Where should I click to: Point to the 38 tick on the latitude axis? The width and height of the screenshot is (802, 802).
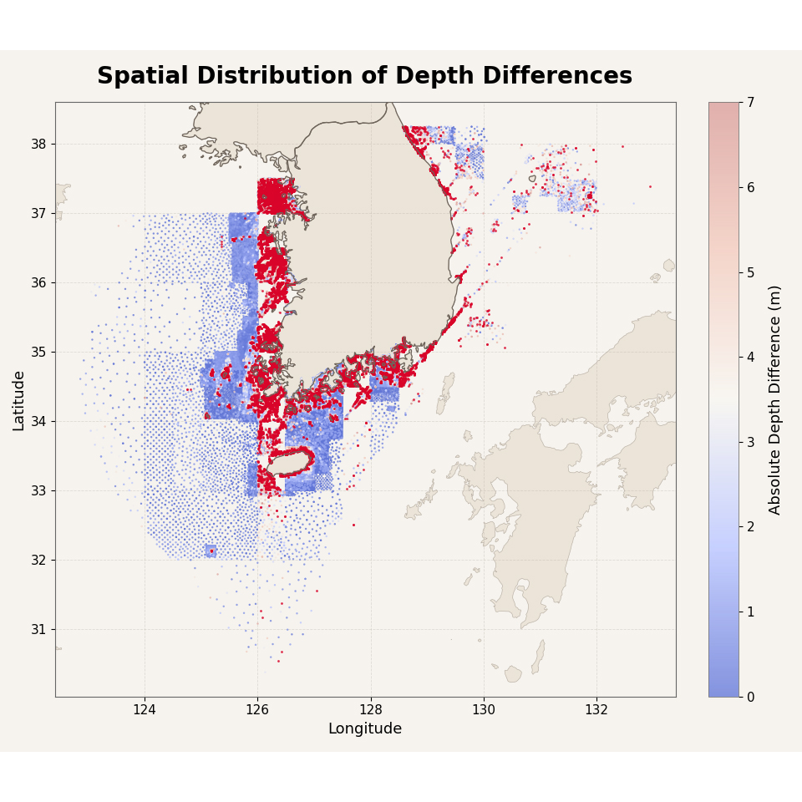[x=38, y=145]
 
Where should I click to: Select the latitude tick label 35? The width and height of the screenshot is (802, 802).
[x=38, y=352]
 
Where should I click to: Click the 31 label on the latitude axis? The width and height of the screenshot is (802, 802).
[x=38, y=629]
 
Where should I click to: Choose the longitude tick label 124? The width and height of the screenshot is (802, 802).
[x=145, y=710]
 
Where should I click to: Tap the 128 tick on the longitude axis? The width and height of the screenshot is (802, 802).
[x=371, y=710]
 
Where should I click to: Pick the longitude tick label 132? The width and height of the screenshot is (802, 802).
[x=596, y=710]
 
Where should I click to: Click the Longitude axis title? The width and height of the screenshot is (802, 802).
[x=365, y=728]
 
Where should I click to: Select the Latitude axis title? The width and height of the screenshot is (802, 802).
[x=18, y=401]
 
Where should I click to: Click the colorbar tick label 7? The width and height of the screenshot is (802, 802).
[x=750, y=103]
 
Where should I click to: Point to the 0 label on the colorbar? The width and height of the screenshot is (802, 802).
[x=750, y=697]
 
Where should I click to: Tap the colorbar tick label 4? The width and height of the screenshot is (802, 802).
[x=750, y=357]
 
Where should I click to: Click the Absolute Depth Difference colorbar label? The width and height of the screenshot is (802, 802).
[x=775, y=400]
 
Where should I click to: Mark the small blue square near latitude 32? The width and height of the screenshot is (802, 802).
[x=211, y=551]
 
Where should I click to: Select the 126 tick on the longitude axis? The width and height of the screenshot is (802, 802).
[x=257, y=710]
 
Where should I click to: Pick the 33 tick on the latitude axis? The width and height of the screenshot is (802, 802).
[x=38, y=490]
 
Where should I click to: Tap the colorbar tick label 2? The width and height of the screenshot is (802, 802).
[x=750, y=527]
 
